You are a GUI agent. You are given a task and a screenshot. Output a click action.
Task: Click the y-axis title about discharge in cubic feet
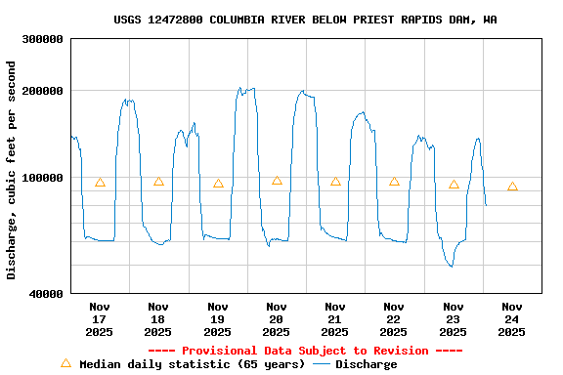click(12, 170)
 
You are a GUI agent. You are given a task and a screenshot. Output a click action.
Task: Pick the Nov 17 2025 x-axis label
click(99, 319)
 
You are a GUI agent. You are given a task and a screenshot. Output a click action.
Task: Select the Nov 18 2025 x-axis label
click(158, 319)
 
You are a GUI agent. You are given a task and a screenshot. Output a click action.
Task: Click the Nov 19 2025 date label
click(217, 319)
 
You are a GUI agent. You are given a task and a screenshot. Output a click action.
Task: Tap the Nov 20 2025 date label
click(276, 319)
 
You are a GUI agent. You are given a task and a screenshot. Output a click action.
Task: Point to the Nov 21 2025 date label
click(335, 319)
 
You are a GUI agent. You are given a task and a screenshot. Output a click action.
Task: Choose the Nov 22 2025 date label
click(394, 319)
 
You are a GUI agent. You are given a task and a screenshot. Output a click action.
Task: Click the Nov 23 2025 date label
click(453, 319)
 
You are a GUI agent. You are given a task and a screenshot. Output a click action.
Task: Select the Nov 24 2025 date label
click(511, 319)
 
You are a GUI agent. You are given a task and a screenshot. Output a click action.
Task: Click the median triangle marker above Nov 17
click(100, 183)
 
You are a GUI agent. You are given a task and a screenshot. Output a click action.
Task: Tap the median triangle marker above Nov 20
click(277, 181)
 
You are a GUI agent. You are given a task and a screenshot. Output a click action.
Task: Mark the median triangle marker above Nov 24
click(512, 187)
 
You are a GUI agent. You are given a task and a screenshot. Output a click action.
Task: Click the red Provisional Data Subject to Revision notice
click(305, 351)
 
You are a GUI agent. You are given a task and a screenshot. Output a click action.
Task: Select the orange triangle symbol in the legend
click(65, 363)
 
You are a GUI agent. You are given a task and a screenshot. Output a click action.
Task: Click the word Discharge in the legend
click(367, 364)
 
